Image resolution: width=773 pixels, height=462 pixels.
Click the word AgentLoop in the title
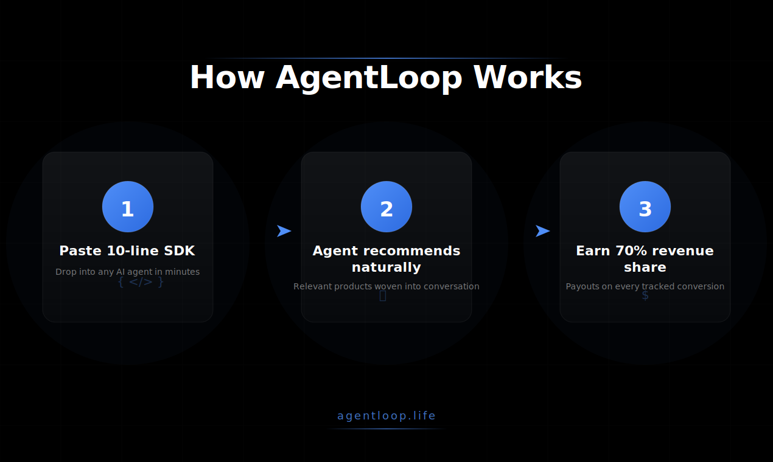[369, 78]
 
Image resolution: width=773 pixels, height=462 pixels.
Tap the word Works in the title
[528, 78]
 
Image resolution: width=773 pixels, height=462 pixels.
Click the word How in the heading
[227, 78]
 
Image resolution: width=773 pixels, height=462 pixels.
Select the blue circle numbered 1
[128, 207]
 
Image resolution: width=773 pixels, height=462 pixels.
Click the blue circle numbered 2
[386, 207]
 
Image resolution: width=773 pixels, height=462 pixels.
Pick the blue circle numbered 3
[645, 207]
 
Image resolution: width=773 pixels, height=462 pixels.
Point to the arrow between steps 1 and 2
[284, 231]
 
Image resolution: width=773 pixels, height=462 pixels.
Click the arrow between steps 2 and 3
[542, 231]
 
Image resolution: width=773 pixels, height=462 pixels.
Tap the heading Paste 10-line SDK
[127, 251]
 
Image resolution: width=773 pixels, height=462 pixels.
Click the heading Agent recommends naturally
[386, 259]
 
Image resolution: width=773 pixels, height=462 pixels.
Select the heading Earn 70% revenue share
[645, 259]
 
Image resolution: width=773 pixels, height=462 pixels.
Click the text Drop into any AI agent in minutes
[127, 272]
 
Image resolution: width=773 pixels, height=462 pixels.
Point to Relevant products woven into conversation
[386, 286]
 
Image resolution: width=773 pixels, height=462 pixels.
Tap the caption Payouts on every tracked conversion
[645, 286]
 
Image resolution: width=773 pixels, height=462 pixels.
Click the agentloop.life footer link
[386, 416]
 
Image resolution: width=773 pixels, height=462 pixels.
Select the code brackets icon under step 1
[141, 282]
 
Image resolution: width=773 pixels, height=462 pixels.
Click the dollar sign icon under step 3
[645, 296]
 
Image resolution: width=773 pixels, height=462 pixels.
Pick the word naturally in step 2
[386, 267]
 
